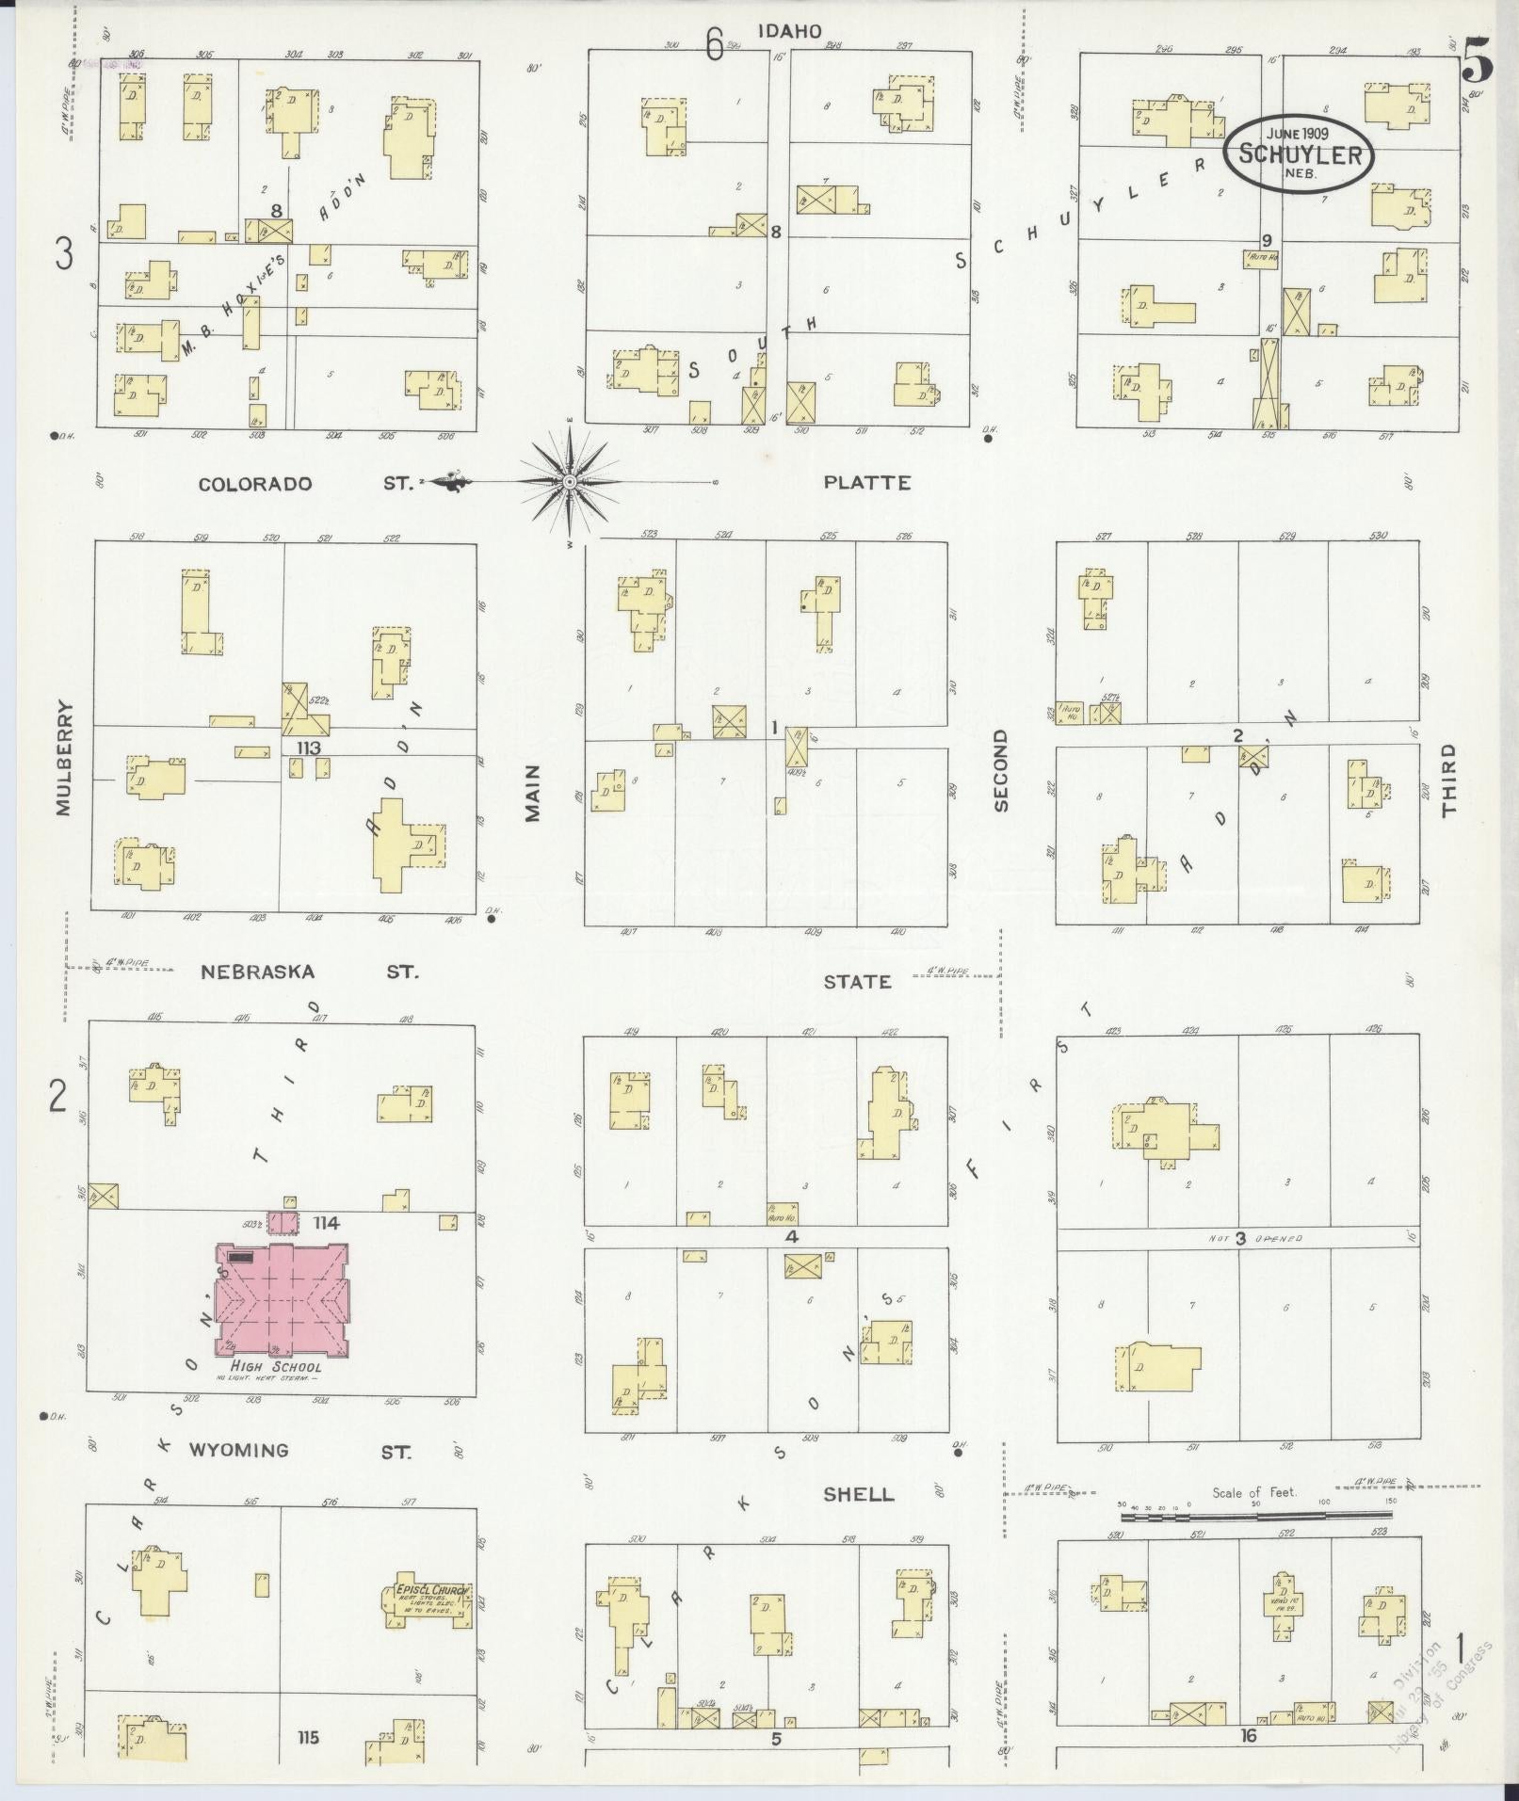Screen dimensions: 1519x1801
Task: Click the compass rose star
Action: [x=569, y=482]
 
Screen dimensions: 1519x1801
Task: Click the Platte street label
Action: [x=866, y=483]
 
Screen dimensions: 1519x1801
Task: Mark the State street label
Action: [x=857, y=982]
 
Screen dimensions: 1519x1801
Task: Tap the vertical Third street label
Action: [x=1447, y=779]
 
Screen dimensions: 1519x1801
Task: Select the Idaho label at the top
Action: [x=789, y=32]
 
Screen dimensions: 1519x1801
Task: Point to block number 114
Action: [x=327, y=1223]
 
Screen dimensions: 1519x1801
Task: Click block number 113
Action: [x=308, y=748]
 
